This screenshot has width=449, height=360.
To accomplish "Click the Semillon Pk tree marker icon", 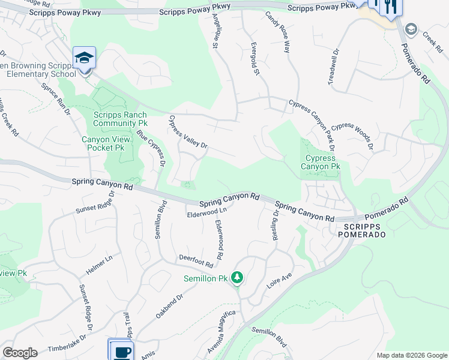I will click(238, 277).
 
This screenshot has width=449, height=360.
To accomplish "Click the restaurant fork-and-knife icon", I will click(391, 7).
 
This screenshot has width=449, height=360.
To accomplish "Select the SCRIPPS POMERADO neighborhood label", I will click(365, 230).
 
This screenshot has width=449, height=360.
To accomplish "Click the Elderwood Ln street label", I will click(207, 212).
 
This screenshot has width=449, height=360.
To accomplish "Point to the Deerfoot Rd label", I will click(196, 261).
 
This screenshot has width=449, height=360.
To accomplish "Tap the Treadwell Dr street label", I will click(334, 68).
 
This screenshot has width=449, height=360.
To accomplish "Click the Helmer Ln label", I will click(100, 265).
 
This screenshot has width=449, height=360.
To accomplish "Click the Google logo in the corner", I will click(20, 353).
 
